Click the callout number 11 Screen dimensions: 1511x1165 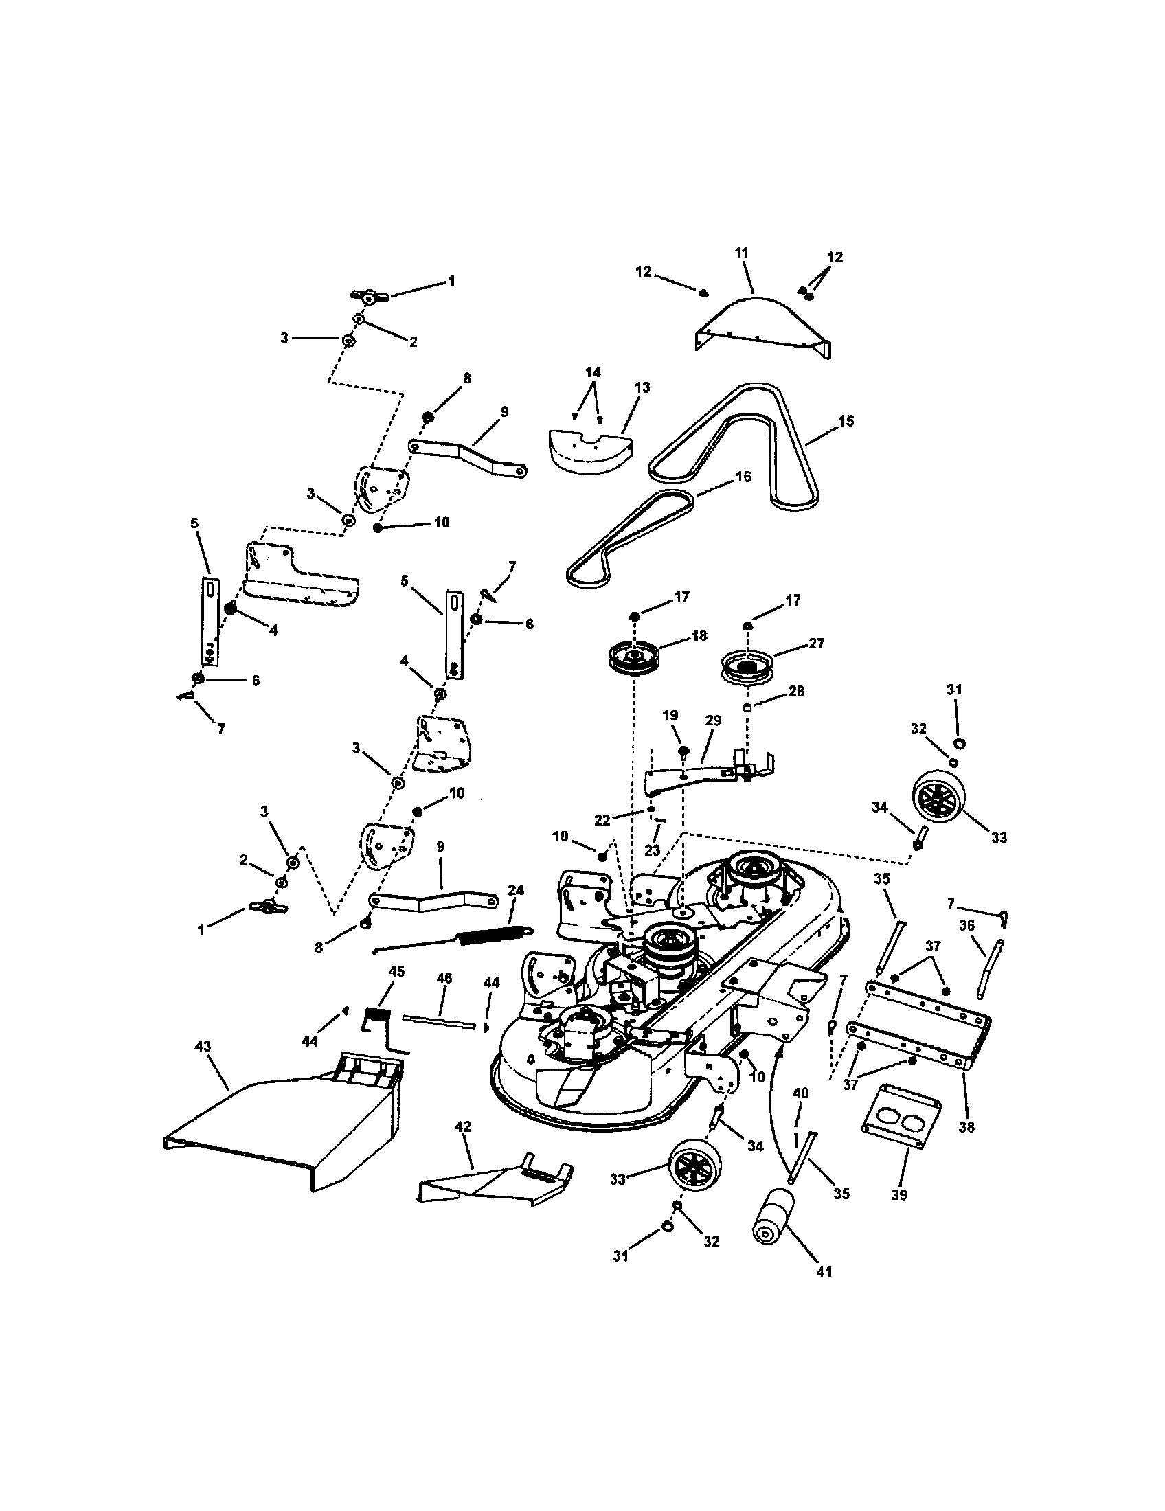[741, 253]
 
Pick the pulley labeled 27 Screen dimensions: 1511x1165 [746, 667]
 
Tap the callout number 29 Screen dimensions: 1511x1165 [713, 720]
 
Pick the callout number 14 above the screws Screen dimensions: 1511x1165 [592, 372]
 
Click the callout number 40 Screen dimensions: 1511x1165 [800, 1094]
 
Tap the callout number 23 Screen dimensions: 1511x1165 [653, 850]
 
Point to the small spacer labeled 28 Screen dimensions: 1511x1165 [748, 707]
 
